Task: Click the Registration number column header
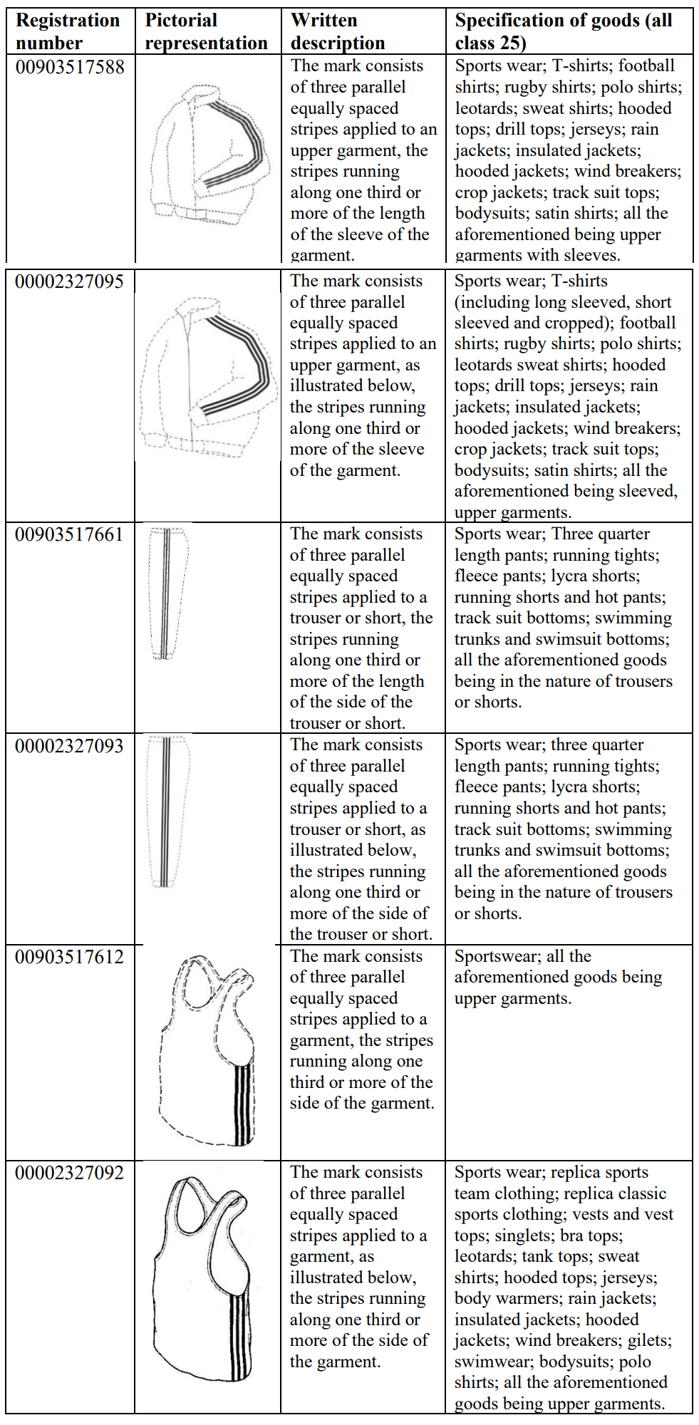68,31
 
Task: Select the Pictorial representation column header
206,31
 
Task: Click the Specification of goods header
563,31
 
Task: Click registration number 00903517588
70,67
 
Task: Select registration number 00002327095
69,281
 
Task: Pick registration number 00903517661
69,534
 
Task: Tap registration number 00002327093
69,746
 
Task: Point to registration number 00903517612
69,957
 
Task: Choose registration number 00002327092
69,1173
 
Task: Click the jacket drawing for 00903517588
209,153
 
